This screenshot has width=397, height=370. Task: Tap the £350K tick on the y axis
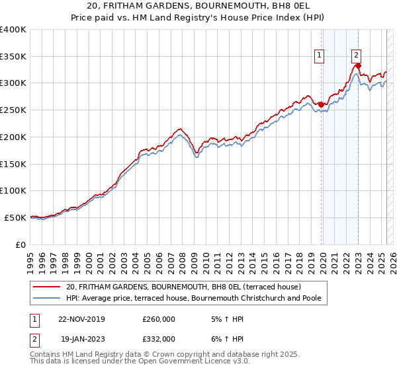pyautogui.click(x=13, y=57)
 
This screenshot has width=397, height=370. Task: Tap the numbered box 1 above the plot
pyautogui.click(x=320, y=56)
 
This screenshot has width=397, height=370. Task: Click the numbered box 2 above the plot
pyautogui.click(x=356, y=56)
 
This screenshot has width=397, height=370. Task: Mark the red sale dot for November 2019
pyautogui.click(x=321, y=104)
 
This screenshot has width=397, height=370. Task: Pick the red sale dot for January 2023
pyautogui.click(x=358, y=66)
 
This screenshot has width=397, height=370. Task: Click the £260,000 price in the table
pyautogui.click(x=159, y=318)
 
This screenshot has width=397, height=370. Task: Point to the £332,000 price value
pyautogui.click(x=159, y=338)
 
